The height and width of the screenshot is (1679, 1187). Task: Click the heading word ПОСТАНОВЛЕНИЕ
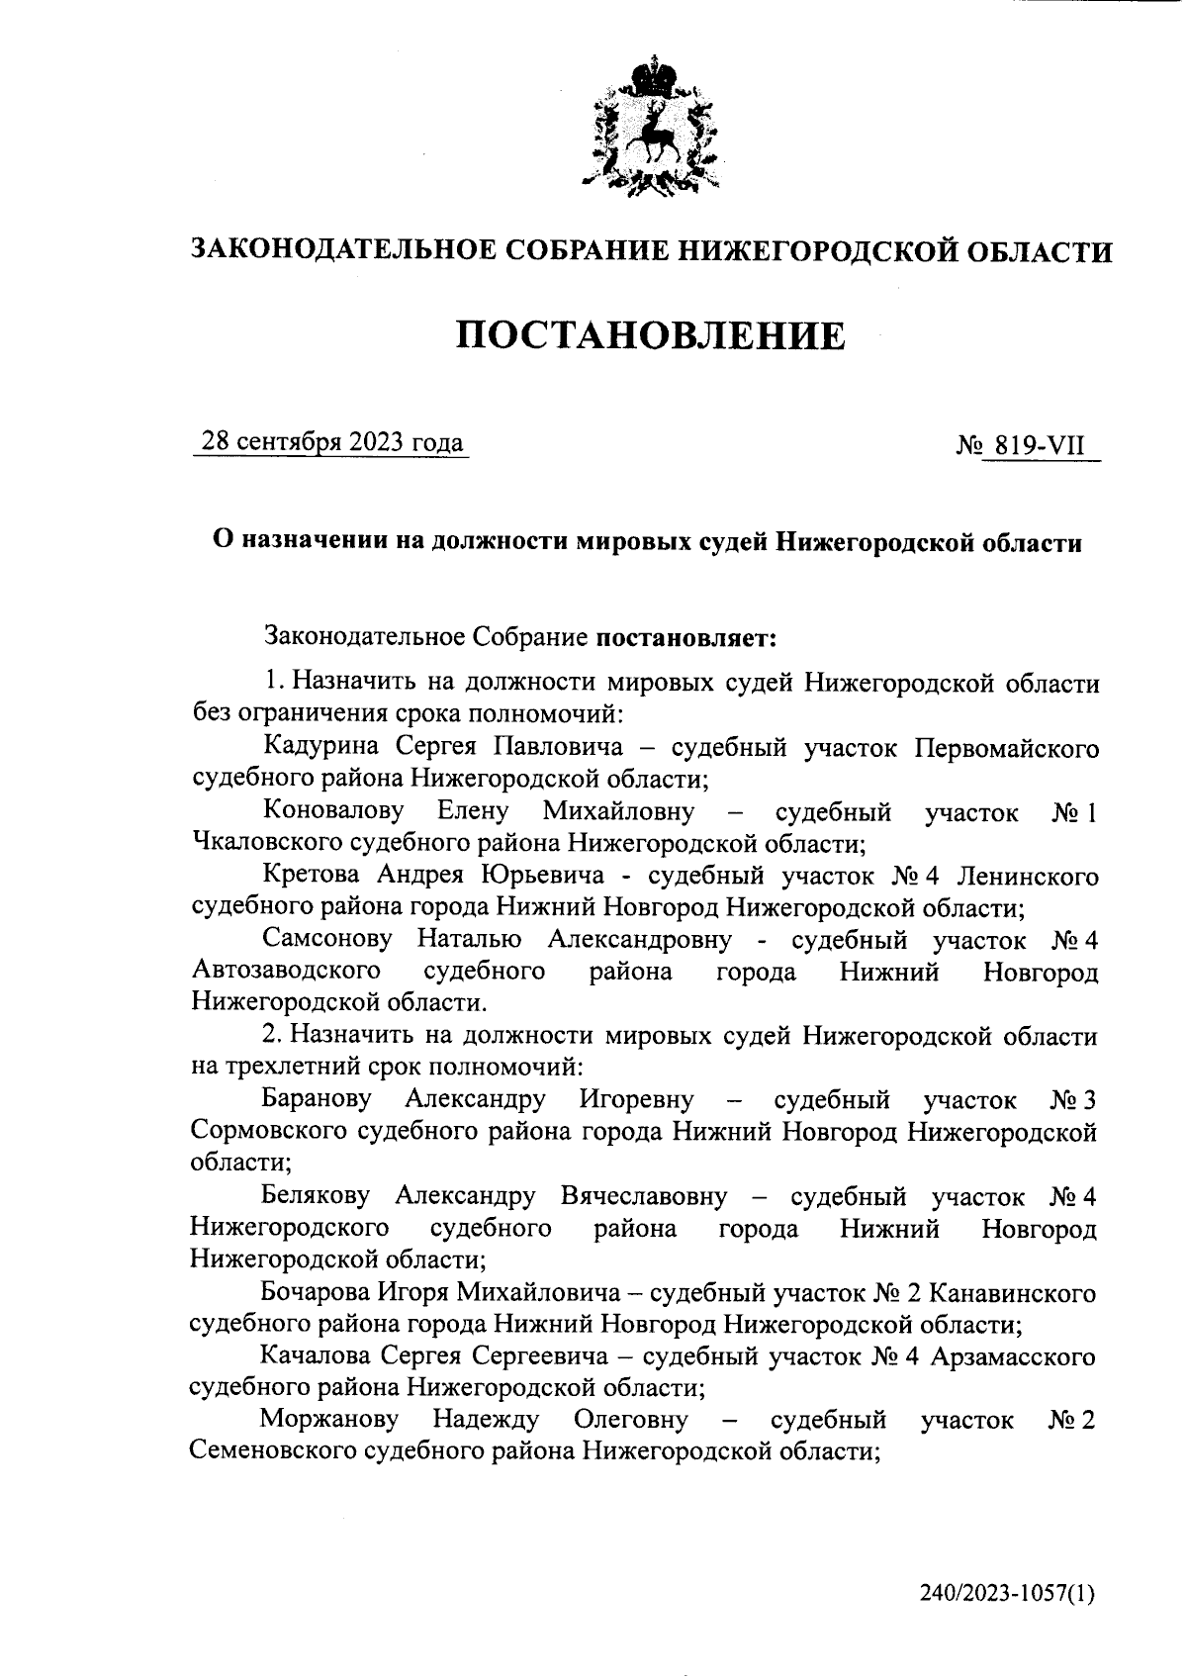651,336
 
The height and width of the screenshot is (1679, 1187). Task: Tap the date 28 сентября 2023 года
331,442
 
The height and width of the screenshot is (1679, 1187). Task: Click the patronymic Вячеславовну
643,1196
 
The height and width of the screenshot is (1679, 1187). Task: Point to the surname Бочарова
318,1292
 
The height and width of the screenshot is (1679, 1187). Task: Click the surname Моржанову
329,1420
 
